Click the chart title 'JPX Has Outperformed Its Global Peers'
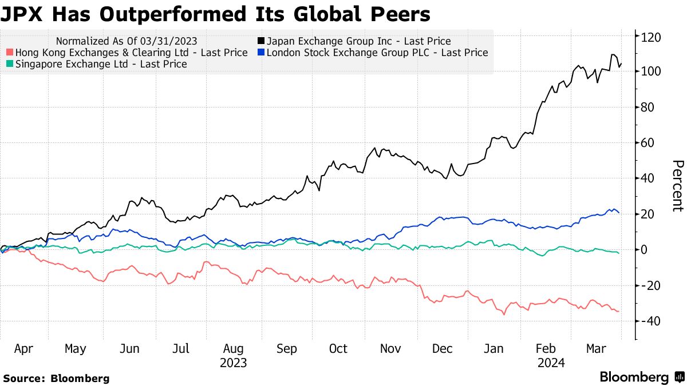pos(215,14)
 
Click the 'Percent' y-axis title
pos(677,186)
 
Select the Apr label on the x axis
pos(23,349)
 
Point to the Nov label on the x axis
pos(390,349)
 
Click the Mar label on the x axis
pos(597,349)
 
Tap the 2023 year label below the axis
pos(233,363)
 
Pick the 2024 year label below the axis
pos(551,363)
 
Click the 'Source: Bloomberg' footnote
pos(56,378)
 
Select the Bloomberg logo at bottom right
pos(641,377)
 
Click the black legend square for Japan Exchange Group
pos(260,41)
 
